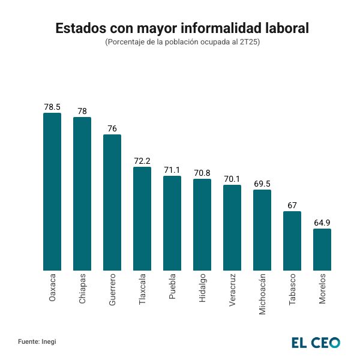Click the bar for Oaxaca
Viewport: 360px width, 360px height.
pyautogui.click(x=52, y=192)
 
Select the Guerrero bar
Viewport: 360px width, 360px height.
pyautogui.click(x=112, y=203)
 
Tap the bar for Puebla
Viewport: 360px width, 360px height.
pyautogui.click(x=172, y=223)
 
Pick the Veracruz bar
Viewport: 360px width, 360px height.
pyautogui.click(x=232, y=228)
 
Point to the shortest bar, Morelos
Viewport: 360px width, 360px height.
pyautogui.click(x=322, y=250)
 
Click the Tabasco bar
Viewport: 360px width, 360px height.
pyautogui.click(x=292, y=241)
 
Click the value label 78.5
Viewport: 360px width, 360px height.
pyautogui.click(x=52, y=107)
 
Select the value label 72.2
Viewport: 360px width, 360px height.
pyautogui.click(x=142, y=161)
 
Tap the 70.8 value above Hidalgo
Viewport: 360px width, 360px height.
pyautogui.click(x=202, y=173)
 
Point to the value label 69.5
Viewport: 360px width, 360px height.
pyautogui.click(x=262, y=184)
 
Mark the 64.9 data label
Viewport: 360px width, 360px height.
pyautogui.click(x=322, y=223)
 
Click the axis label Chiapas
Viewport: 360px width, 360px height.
pyautogui.click(x=82, y=289)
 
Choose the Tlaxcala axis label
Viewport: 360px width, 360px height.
pyautogui.click(x=142, y=290)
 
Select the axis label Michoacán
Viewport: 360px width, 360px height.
pyautogui.click(x=262, y=294)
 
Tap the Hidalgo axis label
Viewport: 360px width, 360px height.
pyautogui.click(x=202, y=287)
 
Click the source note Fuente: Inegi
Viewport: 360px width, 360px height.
pyautogui.click(x=37, y=341)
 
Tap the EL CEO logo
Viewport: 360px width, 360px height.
pyautogui.click(x=316, y=343)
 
